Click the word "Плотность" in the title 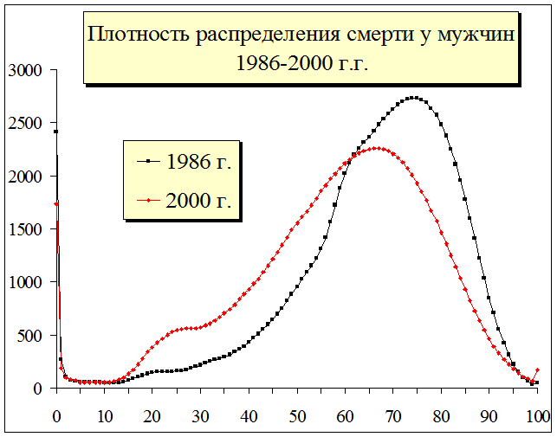pos(137,36)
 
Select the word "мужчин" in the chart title pos(481,36)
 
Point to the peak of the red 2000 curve pos(379,148)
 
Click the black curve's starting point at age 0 pos(56,132)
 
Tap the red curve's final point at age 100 pos(537,370)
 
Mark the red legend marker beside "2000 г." pos(148,201)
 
